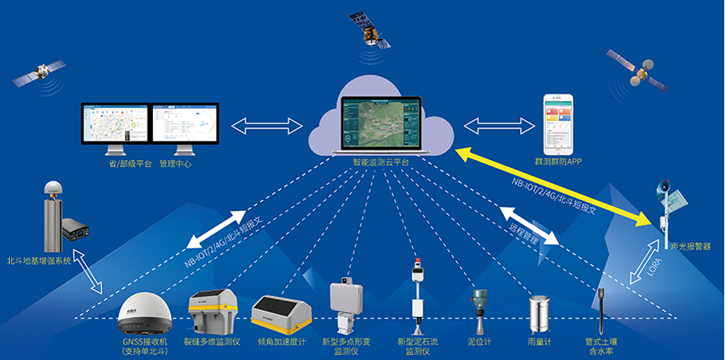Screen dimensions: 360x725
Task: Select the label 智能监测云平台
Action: click(380, 162)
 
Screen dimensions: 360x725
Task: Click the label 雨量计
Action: click(540, 341)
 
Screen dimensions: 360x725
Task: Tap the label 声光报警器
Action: click(691, 246)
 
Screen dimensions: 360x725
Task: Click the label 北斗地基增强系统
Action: click(39, 261)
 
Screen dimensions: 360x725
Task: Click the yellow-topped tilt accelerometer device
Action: click(281, 314)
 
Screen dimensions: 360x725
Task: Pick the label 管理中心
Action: click(175, 164)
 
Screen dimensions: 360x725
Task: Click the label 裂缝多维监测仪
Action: click(212, 341)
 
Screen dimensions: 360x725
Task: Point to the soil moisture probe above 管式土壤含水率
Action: click(602, 311)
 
